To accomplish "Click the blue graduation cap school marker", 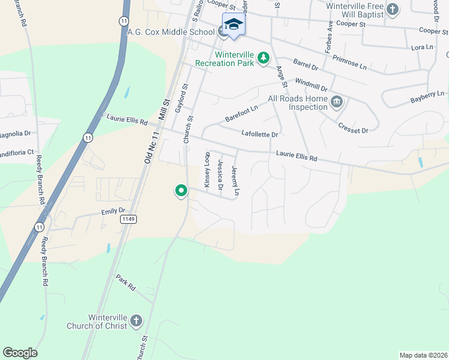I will [234, 25].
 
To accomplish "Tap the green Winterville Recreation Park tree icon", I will [263, 58].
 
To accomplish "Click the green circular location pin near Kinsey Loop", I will [181, 191].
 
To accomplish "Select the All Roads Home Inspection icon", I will [337, 101].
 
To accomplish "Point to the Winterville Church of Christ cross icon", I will [136, 320].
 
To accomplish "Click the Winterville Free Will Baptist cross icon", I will [393, 9].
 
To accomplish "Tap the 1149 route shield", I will [127, 219].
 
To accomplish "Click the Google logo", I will [20, 353].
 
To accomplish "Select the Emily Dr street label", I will [113, 211].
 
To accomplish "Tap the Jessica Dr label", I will [221, 175].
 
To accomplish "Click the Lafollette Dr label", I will [259, 134].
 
